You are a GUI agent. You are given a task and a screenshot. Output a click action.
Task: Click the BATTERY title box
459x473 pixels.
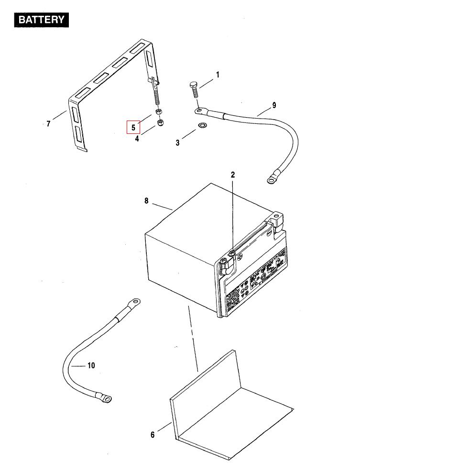(42, 20)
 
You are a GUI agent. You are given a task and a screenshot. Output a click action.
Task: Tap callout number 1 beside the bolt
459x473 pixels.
(218, 75)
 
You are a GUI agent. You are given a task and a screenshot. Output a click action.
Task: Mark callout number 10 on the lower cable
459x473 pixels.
(91, 365)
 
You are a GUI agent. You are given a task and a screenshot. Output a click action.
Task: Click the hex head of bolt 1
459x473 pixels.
(193, 85)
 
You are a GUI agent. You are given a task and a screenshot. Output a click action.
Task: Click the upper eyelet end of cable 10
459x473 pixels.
(134, 302)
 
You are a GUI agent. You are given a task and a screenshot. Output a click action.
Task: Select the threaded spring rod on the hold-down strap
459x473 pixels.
(156, 99)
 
